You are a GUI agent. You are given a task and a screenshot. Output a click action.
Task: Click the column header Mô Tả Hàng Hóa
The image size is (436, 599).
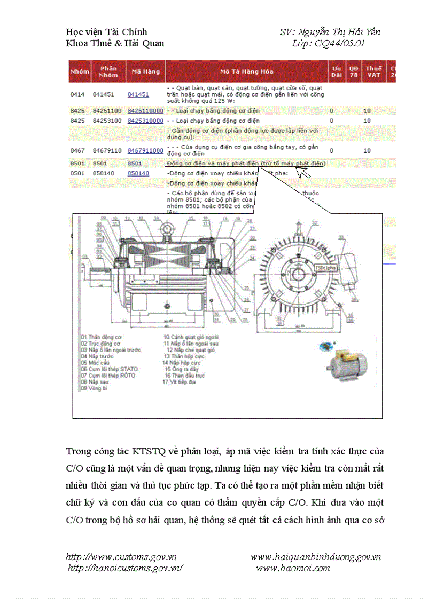[x=246, y=71]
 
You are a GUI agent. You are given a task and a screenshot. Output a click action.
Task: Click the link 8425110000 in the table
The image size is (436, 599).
[x=145, y=110]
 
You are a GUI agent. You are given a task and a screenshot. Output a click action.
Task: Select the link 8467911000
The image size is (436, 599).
[x=145, y=151]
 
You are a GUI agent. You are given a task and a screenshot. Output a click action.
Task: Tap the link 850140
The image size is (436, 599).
[x=138, y=173]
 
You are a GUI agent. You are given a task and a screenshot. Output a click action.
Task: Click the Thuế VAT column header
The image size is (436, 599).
[x=373, y=71]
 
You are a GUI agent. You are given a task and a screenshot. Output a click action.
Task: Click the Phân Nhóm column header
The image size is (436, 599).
[x=108, y=71]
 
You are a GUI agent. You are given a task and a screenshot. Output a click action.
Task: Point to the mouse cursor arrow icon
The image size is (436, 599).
[x=303, y=172]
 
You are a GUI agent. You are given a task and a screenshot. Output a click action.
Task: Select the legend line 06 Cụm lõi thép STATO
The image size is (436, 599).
[x=109, y=369]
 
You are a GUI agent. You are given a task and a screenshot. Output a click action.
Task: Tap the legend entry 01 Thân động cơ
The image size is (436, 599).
[x=101, y=337]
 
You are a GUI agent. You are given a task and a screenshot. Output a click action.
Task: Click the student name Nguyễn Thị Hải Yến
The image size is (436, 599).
[x=339, y=32]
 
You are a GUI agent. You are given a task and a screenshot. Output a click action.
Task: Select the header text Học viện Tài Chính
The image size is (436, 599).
[x=106, y=32]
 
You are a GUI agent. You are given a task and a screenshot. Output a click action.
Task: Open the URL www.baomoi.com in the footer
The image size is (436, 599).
[x=293, y=568]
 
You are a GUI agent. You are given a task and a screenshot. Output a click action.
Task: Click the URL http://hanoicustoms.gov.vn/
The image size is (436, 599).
[x=125, y=568]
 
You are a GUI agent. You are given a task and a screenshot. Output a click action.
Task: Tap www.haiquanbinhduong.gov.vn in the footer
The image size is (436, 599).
[x=315, y=557]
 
